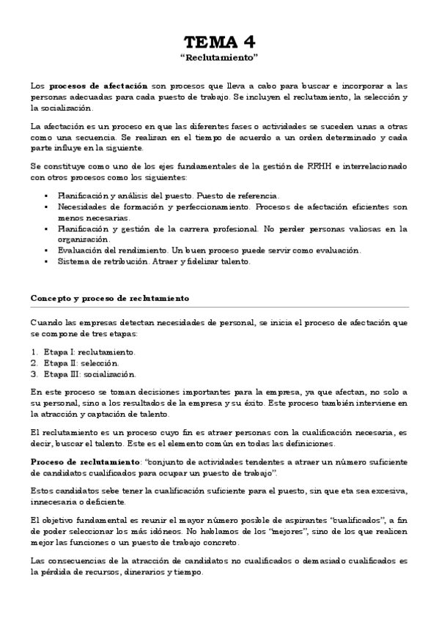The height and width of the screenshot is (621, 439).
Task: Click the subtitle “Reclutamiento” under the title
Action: (219, 56)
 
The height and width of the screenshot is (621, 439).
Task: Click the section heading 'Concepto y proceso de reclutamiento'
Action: (109, 299)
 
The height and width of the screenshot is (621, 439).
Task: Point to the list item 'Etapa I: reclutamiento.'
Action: (89, 352)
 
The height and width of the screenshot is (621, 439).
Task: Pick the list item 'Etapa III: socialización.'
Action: (89, 373)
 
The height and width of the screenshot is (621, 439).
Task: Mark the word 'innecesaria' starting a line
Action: (53, 502)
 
